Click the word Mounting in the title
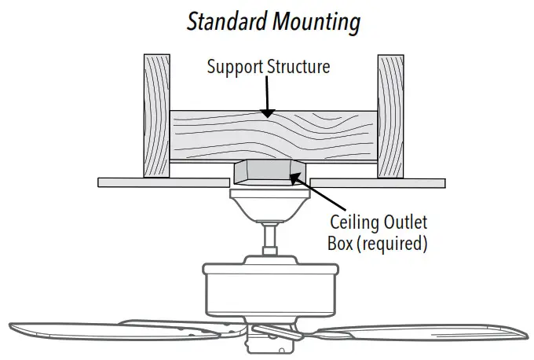316,21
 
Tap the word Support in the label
232,67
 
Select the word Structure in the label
297,67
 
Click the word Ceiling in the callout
355,223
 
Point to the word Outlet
406,223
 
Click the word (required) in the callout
392,244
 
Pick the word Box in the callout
339,244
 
